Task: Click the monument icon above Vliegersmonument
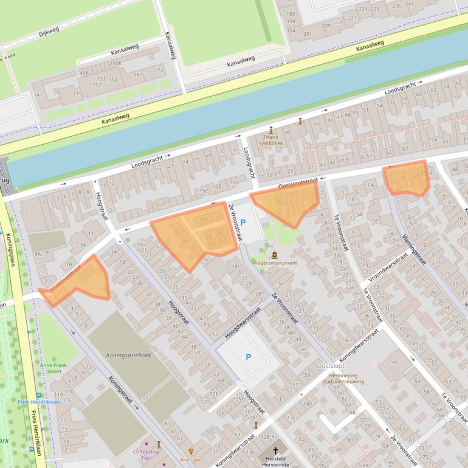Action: [x=275, y=255]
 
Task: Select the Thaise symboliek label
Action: [x=271, y=140]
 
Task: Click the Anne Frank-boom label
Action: [x=51, y=368]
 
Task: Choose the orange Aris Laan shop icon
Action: [x=191, y=452]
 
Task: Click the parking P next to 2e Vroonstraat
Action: [x=243, y=222]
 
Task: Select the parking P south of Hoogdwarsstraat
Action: [x=248, y=357]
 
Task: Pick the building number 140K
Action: [x=115, y=63]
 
